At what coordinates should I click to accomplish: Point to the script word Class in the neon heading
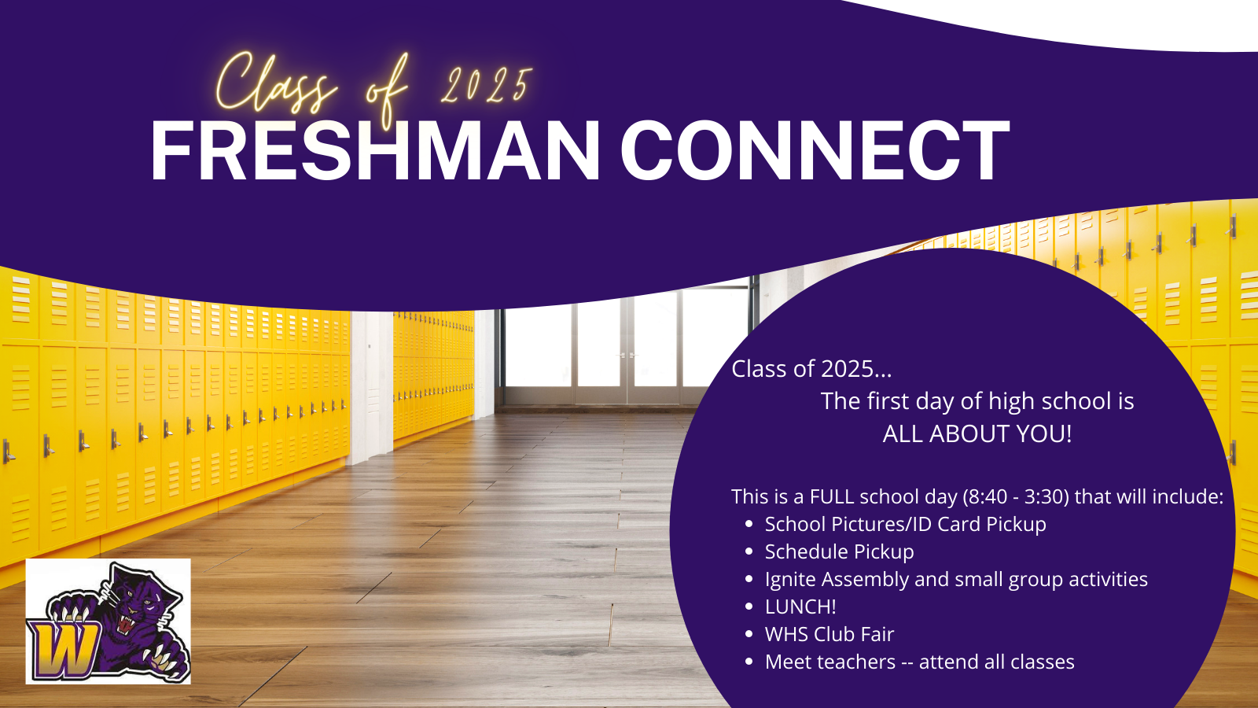tap(275, 84)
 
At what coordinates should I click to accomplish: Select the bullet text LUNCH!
tap(800, 607)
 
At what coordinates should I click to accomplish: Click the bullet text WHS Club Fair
tap(829, 634)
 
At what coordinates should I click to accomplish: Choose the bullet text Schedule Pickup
tap(839, 551)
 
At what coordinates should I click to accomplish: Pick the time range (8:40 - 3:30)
tap(1016, 496)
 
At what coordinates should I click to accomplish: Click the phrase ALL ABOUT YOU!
tap(977, 433)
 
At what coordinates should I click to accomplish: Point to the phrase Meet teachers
tap(830, 662)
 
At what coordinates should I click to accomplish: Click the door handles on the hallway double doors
tap(626, 355)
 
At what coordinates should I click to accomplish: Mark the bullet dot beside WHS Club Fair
tap(748, 634)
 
